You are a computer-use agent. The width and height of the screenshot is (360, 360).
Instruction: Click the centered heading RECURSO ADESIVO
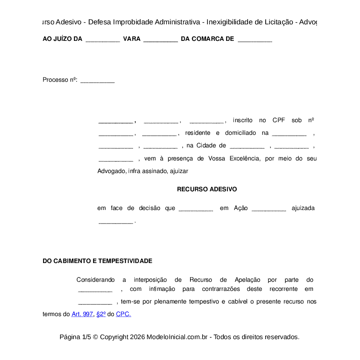point(207,190)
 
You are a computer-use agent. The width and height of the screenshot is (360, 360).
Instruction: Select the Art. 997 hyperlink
point(82,314)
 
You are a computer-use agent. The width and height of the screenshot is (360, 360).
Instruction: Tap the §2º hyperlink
point(101,314)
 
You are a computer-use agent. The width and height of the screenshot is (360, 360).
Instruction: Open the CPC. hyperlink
point(123,314)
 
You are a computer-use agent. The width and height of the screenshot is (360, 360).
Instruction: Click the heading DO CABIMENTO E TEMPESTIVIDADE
point(97,261)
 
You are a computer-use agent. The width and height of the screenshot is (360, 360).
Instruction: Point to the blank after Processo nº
point(97,81)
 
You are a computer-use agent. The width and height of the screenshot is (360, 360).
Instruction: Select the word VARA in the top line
point(132,39)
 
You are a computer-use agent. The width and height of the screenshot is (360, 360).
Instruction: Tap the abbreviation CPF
point(279,120)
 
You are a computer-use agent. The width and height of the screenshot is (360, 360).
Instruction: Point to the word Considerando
point(96,280)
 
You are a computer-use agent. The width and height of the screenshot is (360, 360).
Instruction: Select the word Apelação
point(247,280)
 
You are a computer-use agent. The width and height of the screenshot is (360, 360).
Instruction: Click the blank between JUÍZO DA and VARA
point(103,40)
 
